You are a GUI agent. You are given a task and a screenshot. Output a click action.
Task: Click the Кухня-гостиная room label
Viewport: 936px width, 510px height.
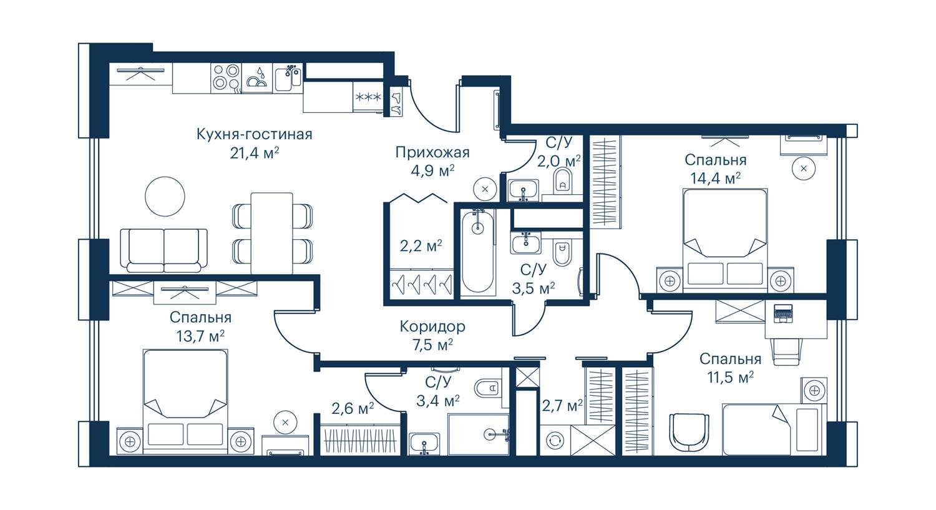point(254,135)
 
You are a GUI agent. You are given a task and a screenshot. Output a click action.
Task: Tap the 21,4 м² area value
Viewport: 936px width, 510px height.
point(254,154)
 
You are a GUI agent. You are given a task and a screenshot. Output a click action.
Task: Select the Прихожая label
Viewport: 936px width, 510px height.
point(432,152)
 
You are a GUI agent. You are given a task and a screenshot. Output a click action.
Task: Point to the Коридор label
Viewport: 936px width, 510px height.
point(432,326)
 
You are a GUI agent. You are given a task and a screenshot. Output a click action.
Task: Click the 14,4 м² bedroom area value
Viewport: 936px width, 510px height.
point(715,179)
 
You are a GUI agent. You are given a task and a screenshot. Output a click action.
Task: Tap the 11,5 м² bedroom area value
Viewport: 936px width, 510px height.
point(730,378)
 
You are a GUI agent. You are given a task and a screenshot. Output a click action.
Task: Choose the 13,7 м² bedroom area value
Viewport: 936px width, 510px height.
point(200,336)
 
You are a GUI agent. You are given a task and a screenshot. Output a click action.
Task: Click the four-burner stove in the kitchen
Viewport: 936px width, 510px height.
point(226,78)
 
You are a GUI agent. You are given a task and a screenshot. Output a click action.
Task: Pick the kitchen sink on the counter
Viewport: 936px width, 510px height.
point(288,78)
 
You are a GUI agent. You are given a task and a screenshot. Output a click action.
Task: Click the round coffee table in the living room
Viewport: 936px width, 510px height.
point(165,197)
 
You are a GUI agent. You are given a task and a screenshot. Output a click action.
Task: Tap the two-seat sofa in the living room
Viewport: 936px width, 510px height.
point(163,250)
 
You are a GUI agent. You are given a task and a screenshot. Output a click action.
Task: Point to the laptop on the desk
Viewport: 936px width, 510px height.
point(782,313)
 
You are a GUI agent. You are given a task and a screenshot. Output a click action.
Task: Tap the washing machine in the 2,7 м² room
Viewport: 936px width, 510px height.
point(555,441)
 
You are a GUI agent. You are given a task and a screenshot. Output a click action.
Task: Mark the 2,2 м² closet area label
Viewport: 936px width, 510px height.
point(421,246)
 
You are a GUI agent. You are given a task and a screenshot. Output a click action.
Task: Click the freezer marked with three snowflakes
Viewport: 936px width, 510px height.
point(368,97)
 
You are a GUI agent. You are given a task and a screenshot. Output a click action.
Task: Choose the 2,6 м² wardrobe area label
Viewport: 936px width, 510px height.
point(353,408)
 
